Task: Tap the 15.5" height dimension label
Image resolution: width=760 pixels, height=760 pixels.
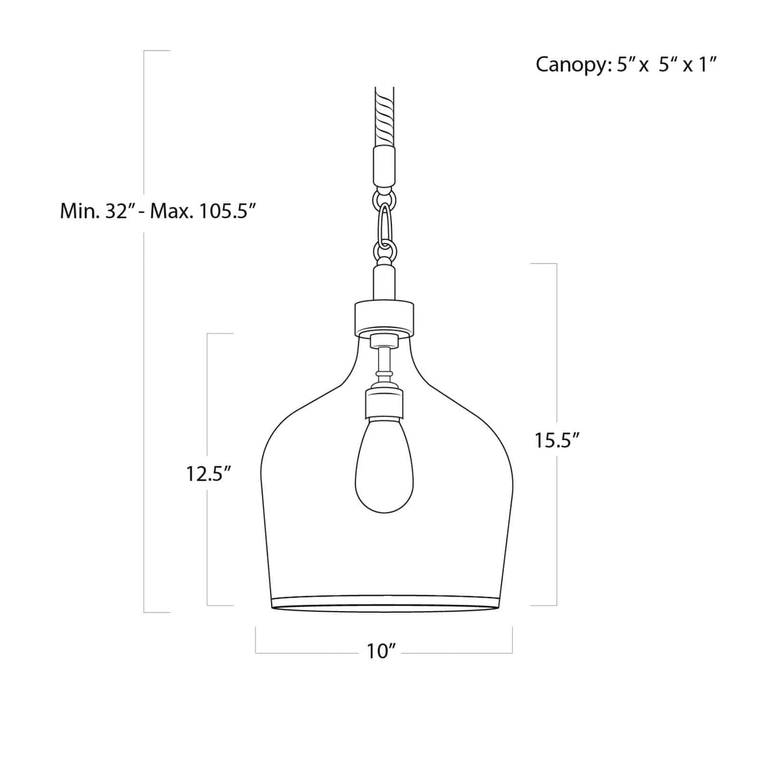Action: click(x=555, y=440)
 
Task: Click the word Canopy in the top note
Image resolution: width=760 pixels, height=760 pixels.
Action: click(x=569, y=64)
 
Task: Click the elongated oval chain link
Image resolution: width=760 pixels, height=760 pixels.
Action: click(x=384, y=226)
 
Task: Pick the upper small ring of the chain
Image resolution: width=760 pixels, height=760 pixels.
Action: click(x=384, y=200)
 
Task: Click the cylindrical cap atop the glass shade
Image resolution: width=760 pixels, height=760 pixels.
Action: click(x=384, y=316)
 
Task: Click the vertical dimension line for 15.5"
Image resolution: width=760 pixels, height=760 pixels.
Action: click(x=557, y=351)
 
